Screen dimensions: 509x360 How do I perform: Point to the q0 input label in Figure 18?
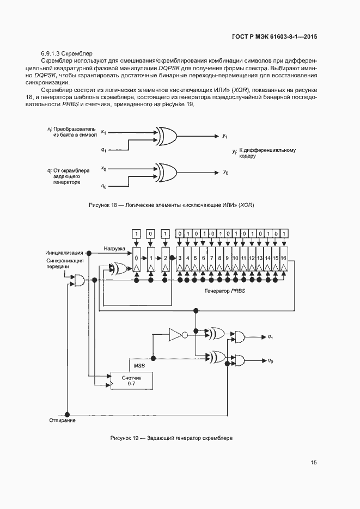(103, 186)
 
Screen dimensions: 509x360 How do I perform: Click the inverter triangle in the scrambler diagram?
(176, 334)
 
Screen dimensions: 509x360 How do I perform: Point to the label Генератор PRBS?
(224, 291)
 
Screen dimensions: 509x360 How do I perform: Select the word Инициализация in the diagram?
(64, 253)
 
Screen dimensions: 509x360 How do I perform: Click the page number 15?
(314, 463)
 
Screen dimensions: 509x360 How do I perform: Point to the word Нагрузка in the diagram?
(115, 248)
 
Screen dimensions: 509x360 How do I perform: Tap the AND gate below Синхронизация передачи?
(78, 280)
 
